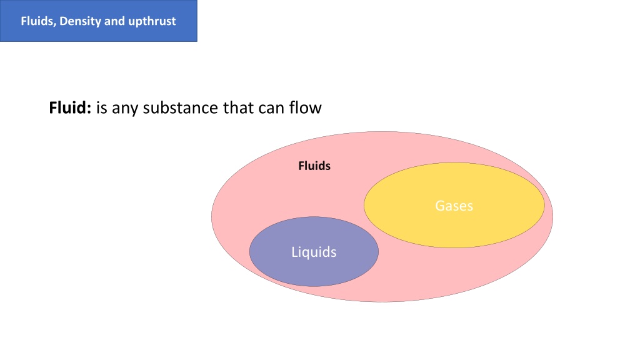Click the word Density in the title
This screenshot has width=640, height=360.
81,21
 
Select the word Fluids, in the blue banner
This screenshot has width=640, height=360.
39,21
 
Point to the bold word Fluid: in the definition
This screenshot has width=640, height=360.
70,107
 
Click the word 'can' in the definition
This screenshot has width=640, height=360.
270,109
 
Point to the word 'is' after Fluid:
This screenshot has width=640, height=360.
102,107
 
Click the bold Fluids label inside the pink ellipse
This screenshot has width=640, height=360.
314,166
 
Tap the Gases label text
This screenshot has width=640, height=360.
454,206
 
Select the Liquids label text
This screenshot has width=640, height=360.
314,252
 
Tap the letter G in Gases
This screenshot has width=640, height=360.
440,206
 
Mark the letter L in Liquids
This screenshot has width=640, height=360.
295,252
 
